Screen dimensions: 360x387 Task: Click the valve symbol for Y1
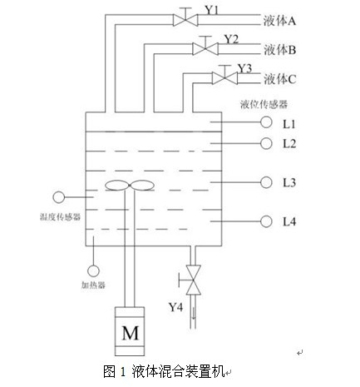pyautogui.click(x=185, y=20)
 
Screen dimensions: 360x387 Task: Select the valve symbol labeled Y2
pyautogui.click(x=205, y=48)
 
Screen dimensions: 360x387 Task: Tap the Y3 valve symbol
pyautogui.click(x=224, y=78)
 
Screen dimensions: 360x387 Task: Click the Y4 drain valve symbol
pyautogui.click(x=193, y=280)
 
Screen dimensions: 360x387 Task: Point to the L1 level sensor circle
pyautogui.click(x=266, y=122)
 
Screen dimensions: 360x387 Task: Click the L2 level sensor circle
pyautogui.click(x=266, y=143)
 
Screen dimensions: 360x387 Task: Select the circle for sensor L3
pyautogui.click(x=266, y=182)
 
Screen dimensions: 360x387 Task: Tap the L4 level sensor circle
pyautogui.click(x=266, y=221)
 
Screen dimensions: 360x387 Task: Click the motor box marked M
pyautogui.click(x=130, y=331)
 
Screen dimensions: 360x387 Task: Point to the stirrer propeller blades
pyautogui.click(x=130, y=186)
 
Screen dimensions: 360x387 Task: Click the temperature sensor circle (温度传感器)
pyautogui.click(x=58, y=197)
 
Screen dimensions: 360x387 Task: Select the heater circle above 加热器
pyautogui.click(x=93, y=271)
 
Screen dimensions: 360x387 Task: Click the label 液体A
pyautogui.click(x=279, y=21)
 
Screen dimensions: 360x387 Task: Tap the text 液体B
pyautogui.click(x=279, y=50)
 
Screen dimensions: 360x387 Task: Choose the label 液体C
pyautogui.click(x=279, y=79)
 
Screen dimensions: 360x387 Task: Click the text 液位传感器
pyautogui.click(x=264, y=104)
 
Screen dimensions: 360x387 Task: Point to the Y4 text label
pyautogui.click(x=175, y=307)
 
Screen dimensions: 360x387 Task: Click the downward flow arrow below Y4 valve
pyautogui.click(x=194, y=313)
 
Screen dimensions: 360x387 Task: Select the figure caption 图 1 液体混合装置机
pyautogui.click(x=164, y=371)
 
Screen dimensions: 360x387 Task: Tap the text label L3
pyautogui.click(x=289, y=182)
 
